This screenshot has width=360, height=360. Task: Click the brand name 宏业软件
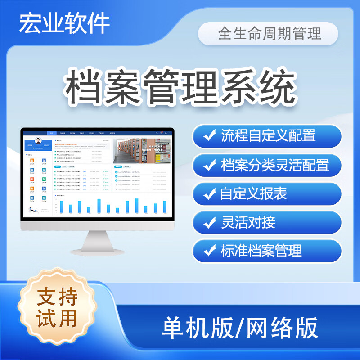[64, 23]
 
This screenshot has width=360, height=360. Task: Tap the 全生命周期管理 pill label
[270, 34]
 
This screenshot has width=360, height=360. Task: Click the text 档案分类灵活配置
[275, 165]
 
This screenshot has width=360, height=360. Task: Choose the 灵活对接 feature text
[248, 222]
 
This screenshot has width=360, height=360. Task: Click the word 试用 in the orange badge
[57, 319]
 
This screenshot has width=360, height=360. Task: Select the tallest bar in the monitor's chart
[99, 205]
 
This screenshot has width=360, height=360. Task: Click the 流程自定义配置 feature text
[268, 136]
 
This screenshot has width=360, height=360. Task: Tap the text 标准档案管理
[261, 251]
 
